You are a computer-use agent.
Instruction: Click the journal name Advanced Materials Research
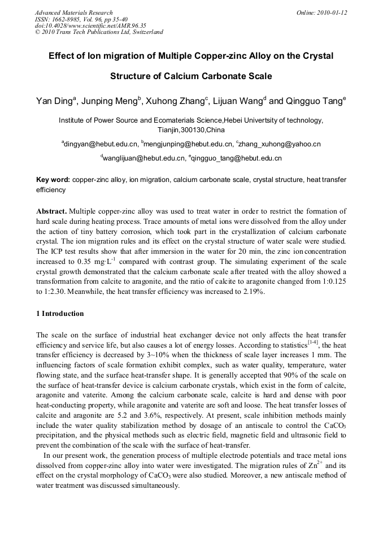(x=73, y=12)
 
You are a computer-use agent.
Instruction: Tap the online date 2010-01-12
(x=333, y=12)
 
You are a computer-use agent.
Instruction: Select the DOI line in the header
(x=90, y=25)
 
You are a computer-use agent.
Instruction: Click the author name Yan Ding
(x=53, y=102)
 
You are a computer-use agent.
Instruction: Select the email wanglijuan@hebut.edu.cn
(x=145, y=158)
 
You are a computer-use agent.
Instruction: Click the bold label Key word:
(x=53, y=180)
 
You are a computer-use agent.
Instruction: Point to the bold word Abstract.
(x=51, y=210)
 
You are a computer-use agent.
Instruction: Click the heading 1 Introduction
(x=60, y=314)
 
